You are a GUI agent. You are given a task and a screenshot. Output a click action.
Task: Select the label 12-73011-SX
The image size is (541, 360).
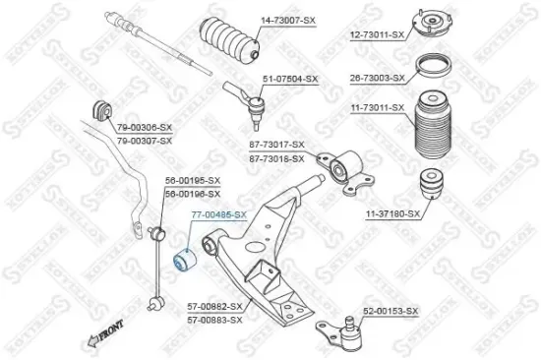[x=377, y=34]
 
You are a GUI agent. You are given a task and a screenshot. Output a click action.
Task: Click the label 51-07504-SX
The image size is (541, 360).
[x=290, y=78]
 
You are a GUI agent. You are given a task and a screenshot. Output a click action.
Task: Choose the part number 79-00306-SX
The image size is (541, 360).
[x=144, y=127]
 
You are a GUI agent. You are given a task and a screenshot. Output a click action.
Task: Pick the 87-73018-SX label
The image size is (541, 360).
[x=276, y=156]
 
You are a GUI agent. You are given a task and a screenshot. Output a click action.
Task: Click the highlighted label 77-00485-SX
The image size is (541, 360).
[x=217, y=213]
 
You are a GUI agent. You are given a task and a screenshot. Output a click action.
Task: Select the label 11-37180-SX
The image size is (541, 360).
[x=393, y=212]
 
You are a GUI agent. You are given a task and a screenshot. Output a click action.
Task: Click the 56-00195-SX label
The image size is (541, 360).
[x=192, y=180]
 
